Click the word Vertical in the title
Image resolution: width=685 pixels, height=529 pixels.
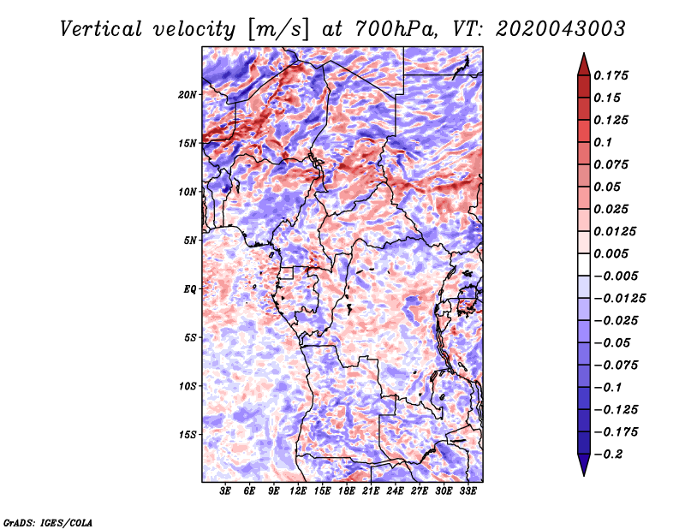(101, 29)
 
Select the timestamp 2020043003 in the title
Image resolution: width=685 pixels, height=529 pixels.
(561, 29)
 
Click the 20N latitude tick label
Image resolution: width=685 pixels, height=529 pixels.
(188, 95)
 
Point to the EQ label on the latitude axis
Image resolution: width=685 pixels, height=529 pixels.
(189, 289)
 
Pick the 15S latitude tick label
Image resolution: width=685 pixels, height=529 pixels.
(188, 435)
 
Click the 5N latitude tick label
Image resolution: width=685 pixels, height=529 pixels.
(190, 241)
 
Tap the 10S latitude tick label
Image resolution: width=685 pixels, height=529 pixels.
(188, 387)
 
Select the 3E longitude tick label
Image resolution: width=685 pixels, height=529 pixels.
(225, 491)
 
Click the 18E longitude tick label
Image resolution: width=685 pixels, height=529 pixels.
(347, 491)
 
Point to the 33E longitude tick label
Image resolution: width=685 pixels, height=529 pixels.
(468, 491)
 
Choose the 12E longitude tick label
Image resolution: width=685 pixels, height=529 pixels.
(298, 491)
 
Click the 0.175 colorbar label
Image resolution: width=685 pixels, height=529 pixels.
(611, 76)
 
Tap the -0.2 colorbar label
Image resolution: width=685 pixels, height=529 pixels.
(608, 455)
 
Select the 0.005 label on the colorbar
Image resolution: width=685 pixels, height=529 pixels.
(611, 253)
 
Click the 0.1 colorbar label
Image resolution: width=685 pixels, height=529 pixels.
(603, 142)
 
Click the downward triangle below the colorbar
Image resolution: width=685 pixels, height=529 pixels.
(584, 464)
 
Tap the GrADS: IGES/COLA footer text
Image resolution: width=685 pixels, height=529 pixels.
(48, 523)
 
